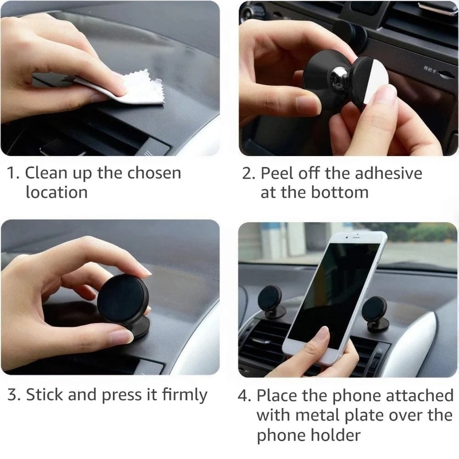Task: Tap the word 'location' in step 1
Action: [56, 192]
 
